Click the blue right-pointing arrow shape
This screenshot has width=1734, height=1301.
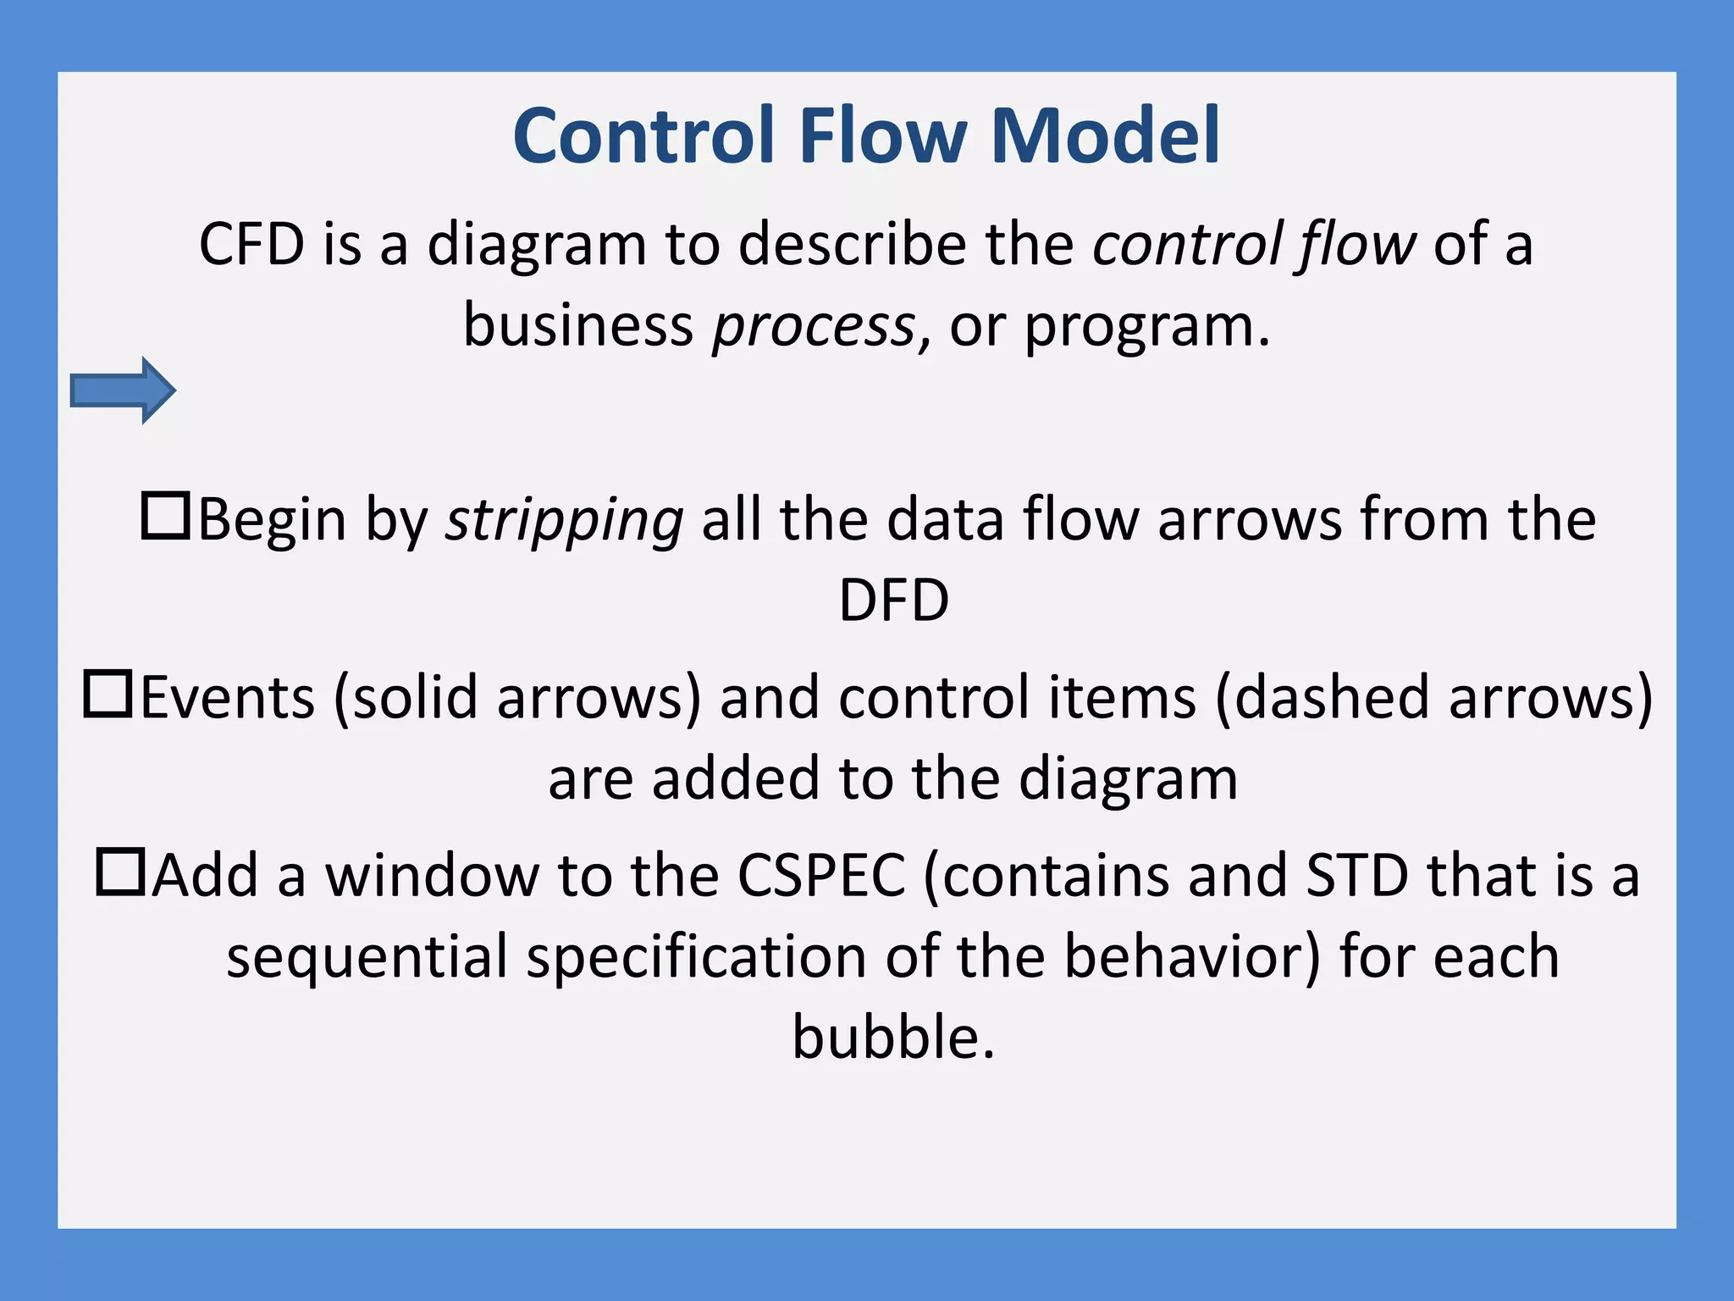pyautogui.click(x=123, y=390)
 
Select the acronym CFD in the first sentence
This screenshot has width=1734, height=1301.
pyautogui.click(x=251, y=245)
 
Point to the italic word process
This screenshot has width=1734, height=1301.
pyautogui.click(x=814, y=327)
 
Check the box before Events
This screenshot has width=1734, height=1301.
pyautogui.click(x=108, y=694)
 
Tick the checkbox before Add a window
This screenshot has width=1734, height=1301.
pyautogui.click(x=120, y=872)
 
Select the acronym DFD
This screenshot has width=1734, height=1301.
pyautogui.click(x=893, y=601)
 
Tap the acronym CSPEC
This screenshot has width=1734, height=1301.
pyautogui.click(x=821, y=875)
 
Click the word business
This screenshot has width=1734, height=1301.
pyautogui.click(x=578, y=325)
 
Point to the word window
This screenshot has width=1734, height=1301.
pyautogui.click(x=433, y=875)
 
